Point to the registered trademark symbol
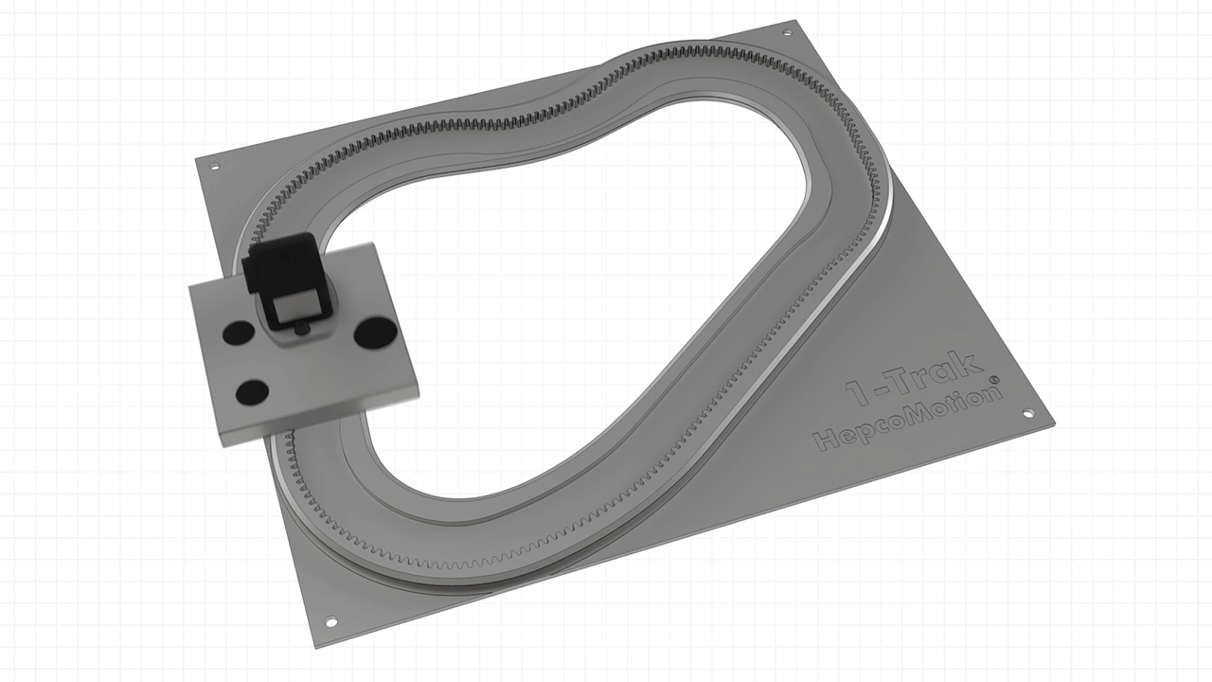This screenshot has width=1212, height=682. [993, 380]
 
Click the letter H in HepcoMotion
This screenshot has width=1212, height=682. [827, 439]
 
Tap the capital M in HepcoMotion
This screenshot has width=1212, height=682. [915, 414]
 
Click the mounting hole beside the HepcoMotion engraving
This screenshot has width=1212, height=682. [1027, 414]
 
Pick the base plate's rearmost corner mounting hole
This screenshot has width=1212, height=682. [786, 33]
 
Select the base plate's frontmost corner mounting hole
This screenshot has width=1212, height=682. [330, 622]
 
